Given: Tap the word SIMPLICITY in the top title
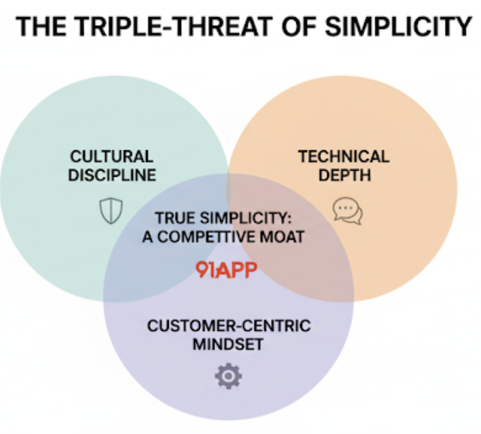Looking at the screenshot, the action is point(398,27).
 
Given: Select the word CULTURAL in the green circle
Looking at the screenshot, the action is point(111,156).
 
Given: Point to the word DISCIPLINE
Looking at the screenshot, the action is point(112,175).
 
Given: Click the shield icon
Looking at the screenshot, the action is point(111,210).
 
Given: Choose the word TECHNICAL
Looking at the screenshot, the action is point(344,156).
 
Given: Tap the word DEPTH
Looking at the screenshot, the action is point(345,175).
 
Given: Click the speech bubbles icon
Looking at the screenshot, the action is point(348,211).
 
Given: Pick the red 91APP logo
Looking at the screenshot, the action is point(226,270).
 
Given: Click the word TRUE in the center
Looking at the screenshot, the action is point(176,218).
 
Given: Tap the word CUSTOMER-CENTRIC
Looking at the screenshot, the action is point(229,325).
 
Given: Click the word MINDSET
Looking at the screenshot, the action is point(228,344).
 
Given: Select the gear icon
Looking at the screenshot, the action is point(228,376).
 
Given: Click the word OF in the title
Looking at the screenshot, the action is point(299,27).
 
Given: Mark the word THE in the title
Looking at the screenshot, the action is point(41,27).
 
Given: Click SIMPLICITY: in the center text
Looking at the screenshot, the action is point(246,218).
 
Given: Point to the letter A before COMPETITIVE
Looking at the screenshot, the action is point(148,237).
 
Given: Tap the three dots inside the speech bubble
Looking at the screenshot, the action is point(346,207).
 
